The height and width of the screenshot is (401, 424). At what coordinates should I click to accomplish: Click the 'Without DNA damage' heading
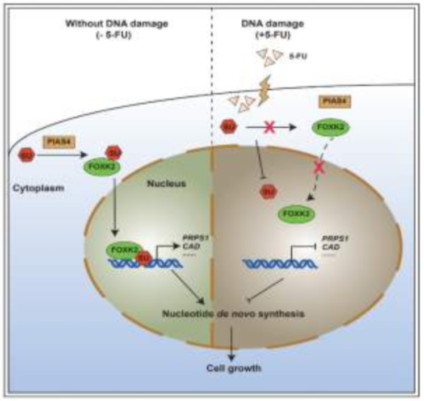[102, 26]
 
